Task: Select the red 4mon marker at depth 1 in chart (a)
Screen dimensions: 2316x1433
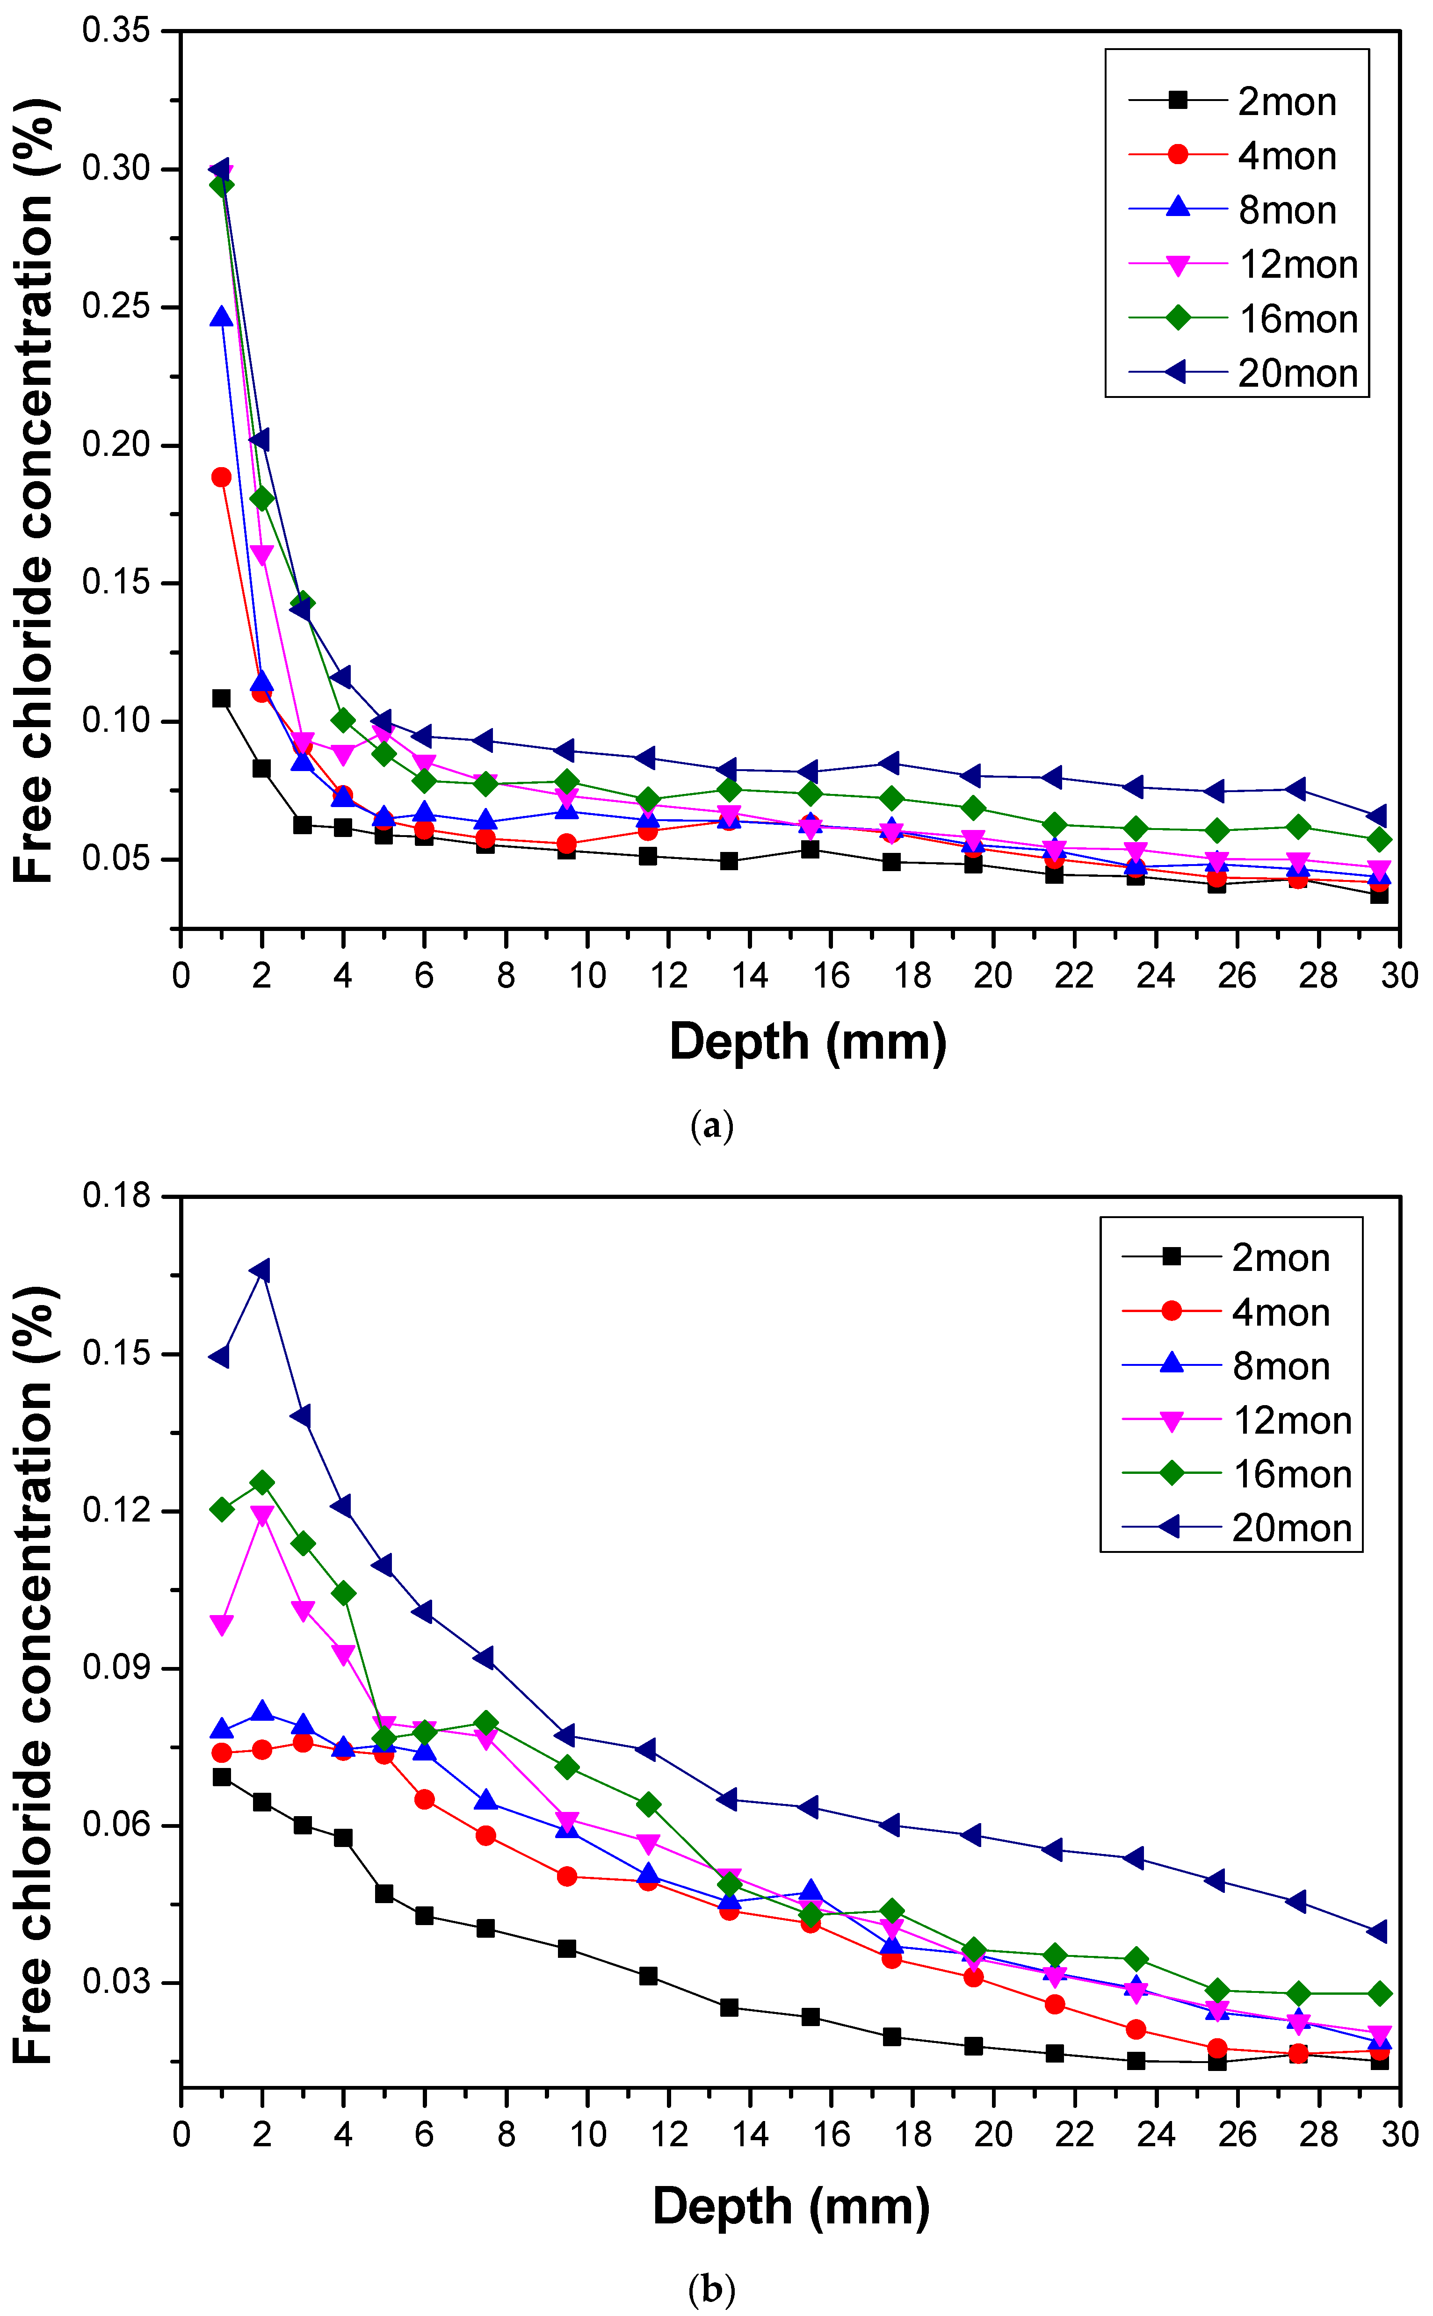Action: pos(221,476)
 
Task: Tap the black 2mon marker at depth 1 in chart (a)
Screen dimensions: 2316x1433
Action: pos(221,699)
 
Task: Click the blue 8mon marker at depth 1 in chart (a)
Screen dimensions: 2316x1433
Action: pos(221,317)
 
